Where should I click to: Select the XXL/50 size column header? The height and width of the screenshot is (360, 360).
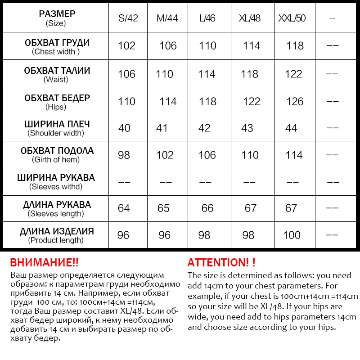[292, 18]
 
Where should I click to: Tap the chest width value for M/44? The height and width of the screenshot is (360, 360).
[167, 46]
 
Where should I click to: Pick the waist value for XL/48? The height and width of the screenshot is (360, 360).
[249, 74]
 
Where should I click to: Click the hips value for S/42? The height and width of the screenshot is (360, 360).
[126, 101]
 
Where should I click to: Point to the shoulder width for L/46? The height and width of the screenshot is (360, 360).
[204, 128]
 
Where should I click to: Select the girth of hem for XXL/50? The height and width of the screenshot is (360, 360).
[294, 155]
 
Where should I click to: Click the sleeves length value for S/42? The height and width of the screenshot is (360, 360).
[124, 208]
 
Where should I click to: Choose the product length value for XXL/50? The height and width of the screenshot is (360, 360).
[292, 235]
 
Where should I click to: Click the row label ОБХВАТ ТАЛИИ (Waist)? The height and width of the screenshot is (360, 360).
[57, 75]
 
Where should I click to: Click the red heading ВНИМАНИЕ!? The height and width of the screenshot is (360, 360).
[44, 263]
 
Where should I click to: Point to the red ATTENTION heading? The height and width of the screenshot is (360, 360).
[221, 263]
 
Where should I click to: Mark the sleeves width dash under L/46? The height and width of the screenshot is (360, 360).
[205, 182]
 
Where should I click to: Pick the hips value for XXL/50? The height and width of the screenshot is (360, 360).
[295, 101]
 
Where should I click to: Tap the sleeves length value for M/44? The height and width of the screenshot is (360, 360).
[164, 208]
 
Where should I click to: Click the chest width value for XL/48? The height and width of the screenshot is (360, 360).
[252, 46]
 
